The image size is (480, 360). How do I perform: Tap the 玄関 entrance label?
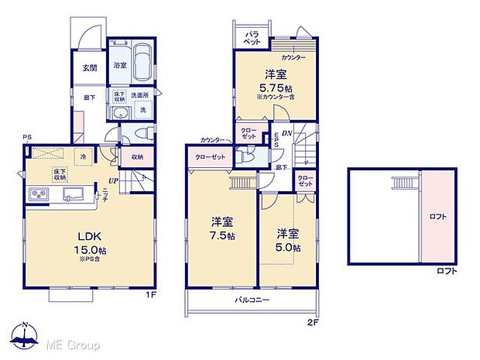point(91,67)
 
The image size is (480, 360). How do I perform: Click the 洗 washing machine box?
point(143,111)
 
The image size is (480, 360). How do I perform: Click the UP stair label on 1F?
point(114,180)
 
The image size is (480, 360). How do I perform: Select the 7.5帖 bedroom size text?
point(221,235)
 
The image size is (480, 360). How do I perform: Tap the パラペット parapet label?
point(253,39)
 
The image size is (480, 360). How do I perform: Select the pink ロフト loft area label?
point(438,218)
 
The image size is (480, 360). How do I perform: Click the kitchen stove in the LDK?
point(39,194)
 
